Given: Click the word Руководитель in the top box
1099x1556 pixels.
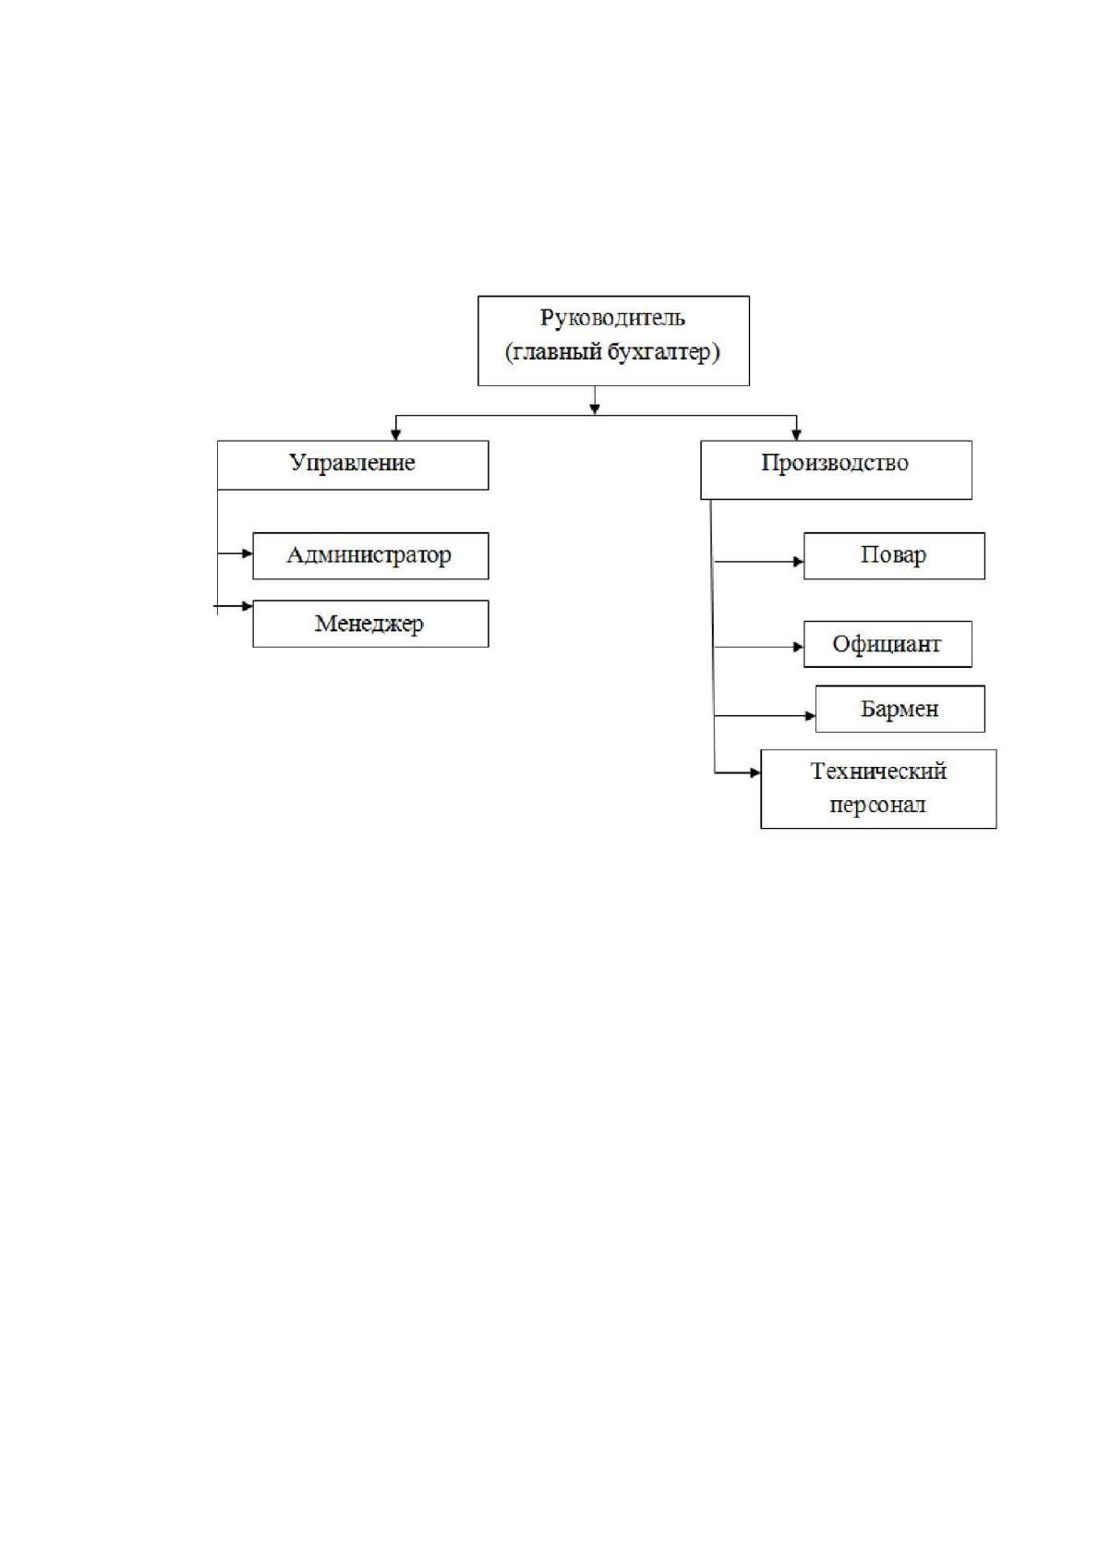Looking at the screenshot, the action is (x=612, y=319).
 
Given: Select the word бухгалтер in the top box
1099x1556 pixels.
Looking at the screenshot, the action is (x=663, y=352).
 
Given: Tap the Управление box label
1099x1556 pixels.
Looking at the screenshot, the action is (x=352, y=463).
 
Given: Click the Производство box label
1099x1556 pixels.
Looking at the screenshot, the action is (x=835, y=463).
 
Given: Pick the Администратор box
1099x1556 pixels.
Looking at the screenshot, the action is (x=370, y=555).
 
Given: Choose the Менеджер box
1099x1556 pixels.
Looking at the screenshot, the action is (x=370, y=624).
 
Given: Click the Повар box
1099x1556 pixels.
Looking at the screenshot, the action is (x=893, y=555).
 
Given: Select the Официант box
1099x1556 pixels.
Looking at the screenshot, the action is (x=888, y=644).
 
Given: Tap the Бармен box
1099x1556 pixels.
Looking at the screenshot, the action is (x=900, y=709).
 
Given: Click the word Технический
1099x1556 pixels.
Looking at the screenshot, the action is (x=878, y=772).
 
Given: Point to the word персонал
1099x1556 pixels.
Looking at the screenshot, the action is (x=877, y=806).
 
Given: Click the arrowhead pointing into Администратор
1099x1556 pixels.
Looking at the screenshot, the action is (x=248, y=553).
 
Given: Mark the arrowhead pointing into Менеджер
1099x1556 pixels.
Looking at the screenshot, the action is (x=248, y=606).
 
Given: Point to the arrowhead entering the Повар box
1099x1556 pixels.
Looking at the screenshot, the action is (x=798, y=561).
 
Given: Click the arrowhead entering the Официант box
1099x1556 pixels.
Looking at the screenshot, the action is (x=798, y=648).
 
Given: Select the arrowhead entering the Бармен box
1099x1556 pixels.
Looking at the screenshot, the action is (x=810, y=715).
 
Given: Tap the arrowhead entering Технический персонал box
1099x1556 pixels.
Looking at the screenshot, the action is (x=755, y=772).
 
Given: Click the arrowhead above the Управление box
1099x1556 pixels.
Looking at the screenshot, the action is (x=395, y=435).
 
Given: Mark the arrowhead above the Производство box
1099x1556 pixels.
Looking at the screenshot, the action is (x=796, y=435).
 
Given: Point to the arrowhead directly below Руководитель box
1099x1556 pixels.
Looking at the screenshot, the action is (x=594, y=410).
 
